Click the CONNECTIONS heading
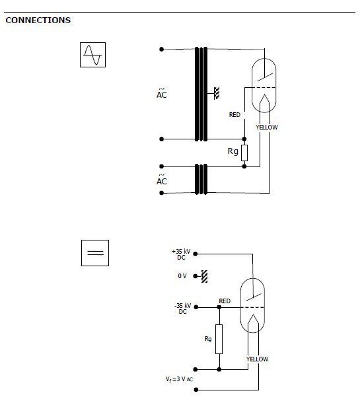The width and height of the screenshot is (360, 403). (x=38, y=20)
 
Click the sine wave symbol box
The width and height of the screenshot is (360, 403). (x=92, y=55)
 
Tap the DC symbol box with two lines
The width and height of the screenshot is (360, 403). (x=95, y=253)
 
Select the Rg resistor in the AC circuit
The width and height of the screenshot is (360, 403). (x=244, y=153)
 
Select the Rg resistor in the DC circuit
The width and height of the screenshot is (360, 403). (x=219, y=340)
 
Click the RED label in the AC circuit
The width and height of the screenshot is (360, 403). (x=234, y=115)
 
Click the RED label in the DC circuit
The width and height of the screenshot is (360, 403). (x=225, y=301)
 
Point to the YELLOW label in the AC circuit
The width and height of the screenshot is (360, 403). (x=267, y=128)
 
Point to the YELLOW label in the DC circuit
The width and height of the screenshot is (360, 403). (x=257, y=359)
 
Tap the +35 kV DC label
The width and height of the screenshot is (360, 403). (x=181, y=254)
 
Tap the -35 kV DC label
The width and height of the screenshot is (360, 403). (x=183, y=309)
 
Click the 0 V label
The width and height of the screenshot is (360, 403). (x=182, y=276)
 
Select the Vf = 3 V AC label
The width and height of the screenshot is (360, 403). (x=179, y=379)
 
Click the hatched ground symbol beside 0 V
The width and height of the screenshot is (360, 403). (x=204, y=276)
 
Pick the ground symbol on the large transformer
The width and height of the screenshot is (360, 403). (x=217, y=93)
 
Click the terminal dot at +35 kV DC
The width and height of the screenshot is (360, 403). (x=196, y=254)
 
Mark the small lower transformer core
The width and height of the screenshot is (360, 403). (x=201, y=180)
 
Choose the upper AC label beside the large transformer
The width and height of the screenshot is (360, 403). (x=162, y=93)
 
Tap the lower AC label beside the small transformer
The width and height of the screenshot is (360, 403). (x=162, y=180)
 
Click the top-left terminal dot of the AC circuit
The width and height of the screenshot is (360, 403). (x=161, y=49)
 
